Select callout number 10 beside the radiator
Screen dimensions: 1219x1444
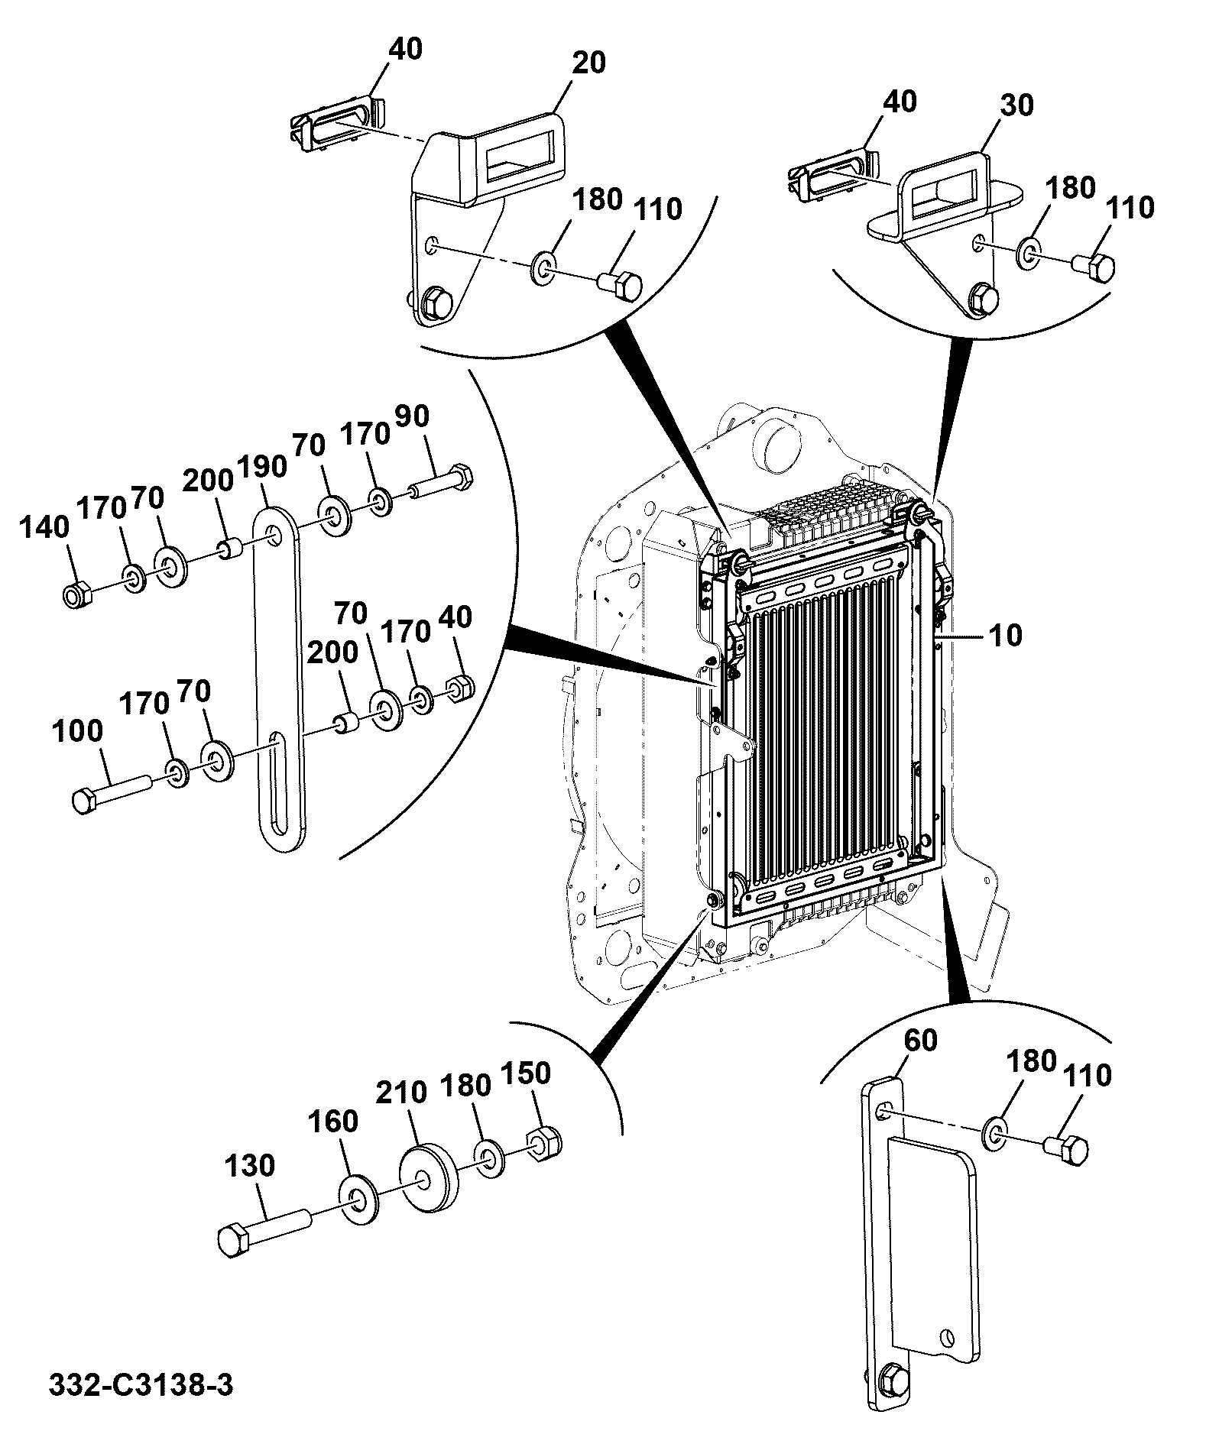pos(1007,635)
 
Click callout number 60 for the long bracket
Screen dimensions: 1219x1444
pos(920,1041)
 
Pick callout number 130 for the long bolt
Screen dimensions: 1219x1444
pos(250,1167)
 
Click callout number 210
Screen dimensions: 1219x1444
pos(402,1092)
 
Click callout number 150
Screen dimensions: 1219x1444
pos(525,1073)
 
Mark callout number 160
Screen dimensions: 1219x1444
pos(333,1122)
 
